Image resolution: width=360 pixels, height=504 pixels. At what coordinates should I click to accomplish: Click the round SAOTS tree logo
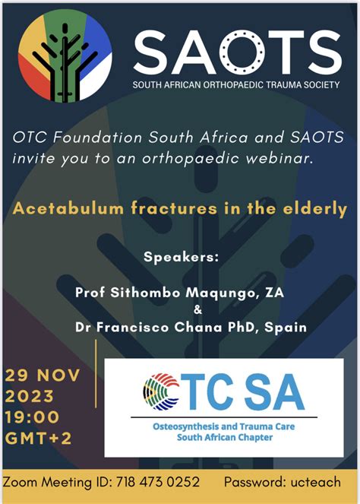coord(65,55)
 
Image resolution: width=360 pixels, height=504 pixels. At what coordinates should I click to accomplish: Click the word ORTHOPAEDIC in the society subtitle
coord(234,85)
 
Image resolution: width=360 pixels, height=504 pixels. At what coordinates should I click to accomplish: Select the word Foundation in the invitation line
coord(98,138)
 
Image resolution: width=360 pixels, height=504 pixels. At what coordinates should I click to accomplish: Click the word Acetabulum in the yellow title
coord(68,208)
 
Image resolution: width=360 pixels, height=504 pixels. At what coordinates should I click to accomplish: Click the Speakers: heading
coord(181,257)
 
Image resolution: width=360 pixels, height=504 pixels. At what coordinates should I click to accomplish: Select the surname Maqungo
coord(223,293)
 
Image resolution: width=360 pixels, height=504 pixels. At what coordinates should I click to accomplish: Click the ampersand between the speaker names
coord(197,310)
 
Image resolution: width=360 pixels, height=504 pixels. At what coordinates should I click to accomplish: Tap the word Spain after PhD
coord(285,328)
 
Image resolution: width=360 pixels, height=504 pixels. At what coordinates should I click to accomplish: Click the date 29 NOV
coord(42,376)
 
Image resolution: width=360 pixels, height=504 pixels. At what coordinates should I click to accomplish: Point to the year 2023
coord(29,396)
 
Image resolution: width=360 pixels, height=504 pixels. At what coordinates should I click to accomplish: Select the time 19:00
coord(32,417)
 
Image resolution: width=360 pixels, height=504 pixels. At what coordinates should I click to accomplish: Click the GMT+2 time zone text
coord(38,438)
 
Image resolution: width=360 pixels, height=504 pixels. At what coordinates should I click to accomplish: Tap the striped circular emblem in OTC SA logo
coord(161,391)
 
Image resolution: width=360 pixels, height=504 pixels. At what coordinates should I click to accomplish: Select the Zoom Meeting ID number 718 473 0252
coord(158,482)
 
